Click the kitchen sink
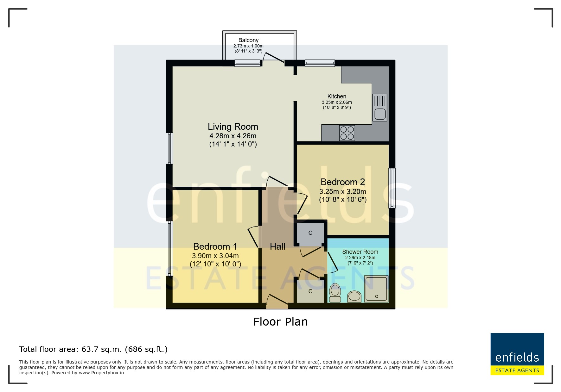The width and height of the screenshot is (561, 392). [380, 108]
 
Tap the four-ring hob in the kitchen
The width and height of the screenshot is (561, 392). [347, 133]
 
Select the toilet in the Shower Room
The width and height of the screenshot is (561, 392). [335, 293]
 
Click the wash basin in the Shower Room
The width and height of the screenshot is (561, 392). [354, 297]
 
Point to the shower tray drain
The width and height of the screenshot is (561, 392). [377, 296]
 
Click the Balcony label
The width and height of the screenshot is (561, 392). [248, 40]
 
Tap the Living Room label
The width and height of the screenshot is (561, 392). [233, 127]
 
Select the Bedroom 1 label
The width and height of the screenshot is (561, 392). [215, 246]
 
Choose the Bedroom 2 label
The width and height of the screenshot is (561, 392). [343, 182]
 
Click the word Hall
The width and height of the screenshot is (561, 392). [277, 246]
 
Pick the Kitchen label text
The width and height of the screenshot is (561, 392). [337, 96]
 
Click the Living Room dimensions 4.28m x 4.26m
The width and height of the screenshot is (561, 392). [233, 136]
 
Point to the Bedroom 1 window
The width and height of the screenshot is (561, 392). [170, 248]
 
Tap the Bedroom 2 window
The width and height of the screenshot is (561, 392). [392, 188]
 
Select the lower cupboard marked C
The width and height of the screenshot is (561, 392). [310, 291]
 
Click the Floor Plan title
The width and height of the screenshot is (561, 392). [280, 322]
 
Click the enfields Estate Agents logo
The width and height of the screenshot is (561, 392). [517, 354]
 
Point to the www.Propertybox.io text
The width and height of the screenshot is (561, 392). [101, 373]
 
